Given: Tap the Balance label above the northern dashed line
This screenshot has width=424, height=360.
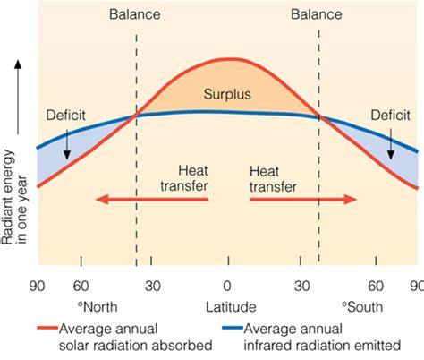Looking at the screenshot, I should [x=136, y=15].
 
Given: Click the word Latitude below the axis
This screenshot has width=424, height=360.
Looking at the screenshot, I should [x=228, y=309].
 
